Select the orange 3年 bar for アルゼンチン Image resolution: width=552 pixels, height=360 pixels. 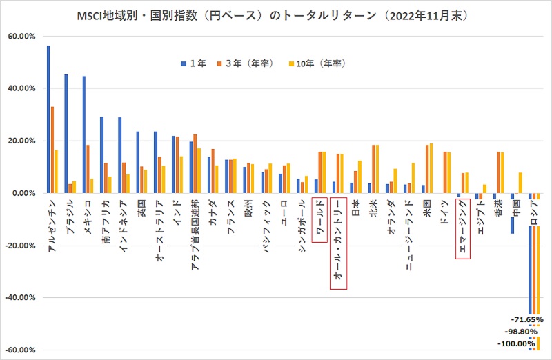click(52, 150)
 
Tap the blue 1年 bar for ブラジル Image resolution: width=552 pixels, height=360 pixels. click(66, 134)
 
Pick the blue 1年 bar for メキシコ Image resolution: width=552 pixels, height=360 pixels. click(84, 134)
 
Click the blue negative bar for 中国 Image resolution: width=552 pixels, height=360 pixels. click(513, 213)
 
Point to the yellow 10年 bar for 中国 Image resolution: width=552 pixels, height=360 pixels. click(520, 183)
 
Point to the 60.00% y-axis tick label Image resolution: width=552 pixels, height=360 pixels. click(21, 36)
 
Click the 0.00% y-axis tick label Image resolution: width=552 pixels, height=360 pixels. click(23, 193)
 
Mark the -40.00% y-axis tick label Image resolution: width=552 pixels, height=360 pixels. click(20, 298)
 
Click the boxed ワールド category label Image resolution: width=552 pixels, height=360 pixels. click(320, 217)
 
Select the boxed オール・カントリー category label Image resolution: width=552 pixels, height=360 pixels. click(338, 243)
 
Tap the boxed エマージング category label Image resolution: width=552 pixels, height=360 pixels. click(463, 228)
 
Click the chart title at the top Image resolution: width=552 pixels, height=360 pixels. click(275, 12)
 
